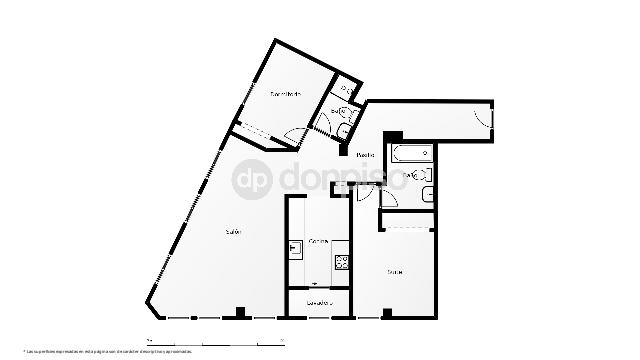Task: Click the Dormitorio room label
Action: (x=285, y=94)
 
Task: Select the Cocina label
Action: (x=319, y=241)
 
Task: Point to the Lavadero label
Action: (x=319, y=301)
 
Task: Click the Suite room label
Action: (x=395, y=271)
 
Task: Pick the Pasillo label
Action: (x=366, y=155)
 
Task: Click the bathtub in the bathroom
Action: (x=410, y=154)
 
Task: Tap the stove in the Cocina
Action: (x=342, y=263)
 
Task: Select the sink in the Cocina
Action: (x=295, y=249)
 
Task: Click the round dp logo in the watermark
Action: (x=252, y=180)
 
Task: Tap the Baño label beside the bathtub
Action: (x=411, y=177)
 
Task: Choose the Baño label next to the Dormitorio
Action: (x=336, y=112)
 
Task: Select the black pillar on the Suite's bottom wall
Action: (x=386, y=315)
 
